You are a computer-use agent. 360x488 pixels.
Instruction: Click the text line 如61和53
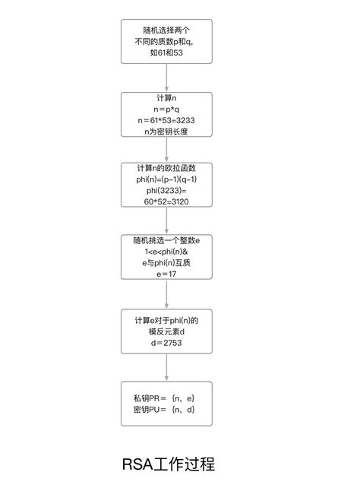pos(166,54)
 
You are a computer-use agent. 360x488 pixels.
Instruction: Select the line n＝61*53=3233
pos(166,120)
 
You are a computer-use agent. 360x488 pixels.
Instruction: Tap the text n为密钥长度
pos(166,132)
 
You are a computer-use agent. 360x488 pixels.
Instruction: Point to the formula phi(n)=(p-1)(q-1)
pos(166,179)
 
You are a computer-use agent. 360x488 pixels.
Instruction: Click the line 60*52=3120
pos(166,202)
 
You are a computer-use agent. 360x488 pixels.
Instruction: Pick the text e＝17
pos(166,274)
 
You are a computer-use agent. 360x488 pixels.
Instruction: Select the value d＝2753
pos(166,344)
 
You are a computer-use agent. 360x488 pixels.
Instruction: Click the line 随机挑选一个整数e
pos(166,240)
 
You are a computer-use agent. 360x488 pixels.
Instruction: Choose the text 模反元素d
pos(166,332)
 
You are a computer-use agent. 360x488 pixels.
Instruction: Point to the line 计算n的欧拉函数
pos(166,168)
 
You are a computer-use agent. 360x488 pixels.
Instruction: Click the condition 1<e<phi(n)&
pos(166,252)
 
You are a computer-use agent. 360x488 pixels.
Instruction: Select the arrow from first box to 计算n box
pos(166,78)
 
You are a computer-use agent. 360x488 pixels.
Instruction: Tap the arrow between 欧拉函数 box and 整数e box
pos(166,220)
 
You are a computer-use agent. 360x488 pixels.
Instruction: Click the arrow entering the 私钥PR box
pos(166,367)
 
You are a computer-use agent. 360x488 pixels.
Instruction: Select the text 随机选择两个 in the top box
pos(166,31)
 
